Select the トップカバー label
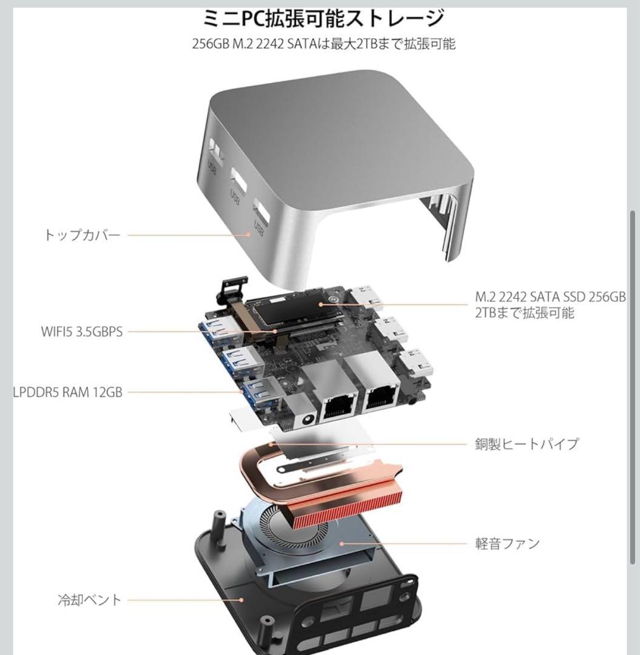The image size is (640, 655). coord(82,235)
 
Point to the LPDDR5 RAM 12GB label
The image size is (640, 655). coord(68,392)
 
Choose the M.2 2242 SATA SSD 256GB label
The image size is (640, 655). coord(550,297)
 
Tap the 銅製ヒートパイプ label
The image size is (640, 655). coord(526,443)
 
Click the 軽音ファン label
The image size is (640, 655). coord(507,543)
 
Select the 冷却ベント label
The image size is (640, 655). coord(89,600)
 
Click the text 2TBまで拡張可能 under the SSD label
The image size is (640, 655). coord(524,313)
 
